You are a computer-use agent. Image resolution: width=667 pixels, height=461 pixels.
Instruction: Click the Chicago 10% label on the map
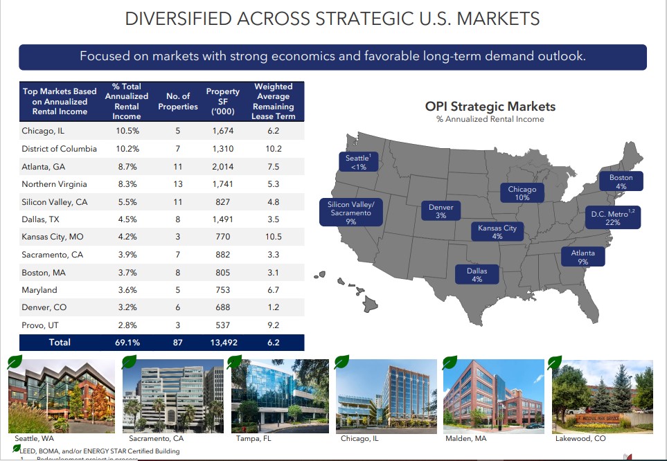tap(522, 193)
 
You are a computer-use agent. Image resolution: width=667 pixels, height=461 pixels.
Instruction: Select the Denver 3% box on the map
tap(441, 211)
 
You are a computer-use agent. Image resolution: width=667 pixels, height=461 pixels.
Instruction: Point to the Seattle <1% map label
tap(358, 162)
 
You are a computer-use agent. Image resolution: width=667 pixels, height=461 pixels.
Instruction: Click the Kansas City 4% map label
tap(497, 232)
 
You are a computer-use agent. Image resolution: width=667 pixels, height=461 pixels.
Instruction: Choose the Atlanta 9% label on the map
tap(582, 257)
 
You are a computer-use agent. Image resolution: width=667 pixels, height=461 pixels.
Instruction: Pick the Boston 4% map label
tap(621, 181)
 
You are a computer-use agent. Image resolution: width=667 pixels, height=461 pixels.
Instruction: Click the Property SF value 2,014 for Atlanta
tap(222, 166)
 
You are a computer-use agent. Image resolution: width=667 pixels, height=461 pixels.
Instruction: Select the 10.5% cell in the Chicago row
tap(127, 130)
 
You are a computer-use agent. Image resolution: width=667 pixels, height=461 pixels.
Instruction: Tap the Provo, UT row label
tap(39, 325)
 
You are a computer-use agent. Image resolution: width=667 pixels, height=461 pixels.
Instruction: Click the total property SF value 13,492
tap(222, 342)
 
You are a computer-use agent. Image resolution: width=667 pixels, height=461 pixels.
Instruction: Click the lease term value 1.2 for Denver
tap(273, 307)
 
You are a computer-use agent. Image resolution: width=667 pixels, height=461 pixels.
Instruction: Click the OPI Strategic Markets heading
tap(490, 106)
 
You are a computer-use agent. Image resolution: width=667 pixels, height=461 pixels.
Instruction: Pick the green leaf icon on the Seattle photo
tap(15, 361)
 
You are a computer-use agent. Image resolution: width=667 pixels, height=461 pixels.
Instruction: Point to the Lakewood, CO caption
tap(580, 438)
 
